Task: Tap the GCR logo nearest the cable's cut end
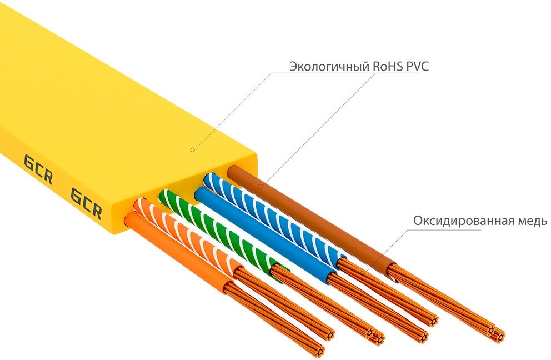pyautogui.click(x=86, y=203)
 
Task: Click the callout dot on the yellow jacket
pyautogui.click(x=192, y=149)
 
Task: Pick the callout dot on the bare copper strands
pyautogui.click(x=365, y=272)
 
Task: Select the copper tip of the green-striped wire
pyautogui.click(x=379, y=337)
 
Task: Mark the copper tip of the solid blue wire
pyautogui.click(x=424, y=336)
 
